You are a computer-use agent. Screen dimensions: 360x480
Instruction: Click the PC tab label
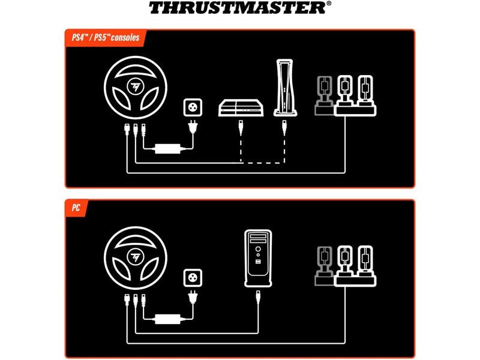(x=75, y=208)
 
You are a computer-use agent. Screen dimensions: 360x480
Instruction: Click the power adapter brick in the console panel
(x=169, y=148)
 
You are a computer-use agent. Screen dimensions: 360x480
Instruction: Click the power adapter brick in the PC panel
(x=169, y=319)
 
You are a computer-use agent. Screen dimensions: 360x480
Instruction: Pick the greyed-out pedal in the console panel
(x=325, y=94)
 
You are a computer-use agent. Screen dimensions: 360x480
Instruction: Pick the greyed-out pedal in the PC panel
(x=325, y=264)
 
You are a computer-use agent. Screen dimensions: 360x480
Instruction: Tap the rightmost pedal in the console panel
(x=365, y=92)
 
